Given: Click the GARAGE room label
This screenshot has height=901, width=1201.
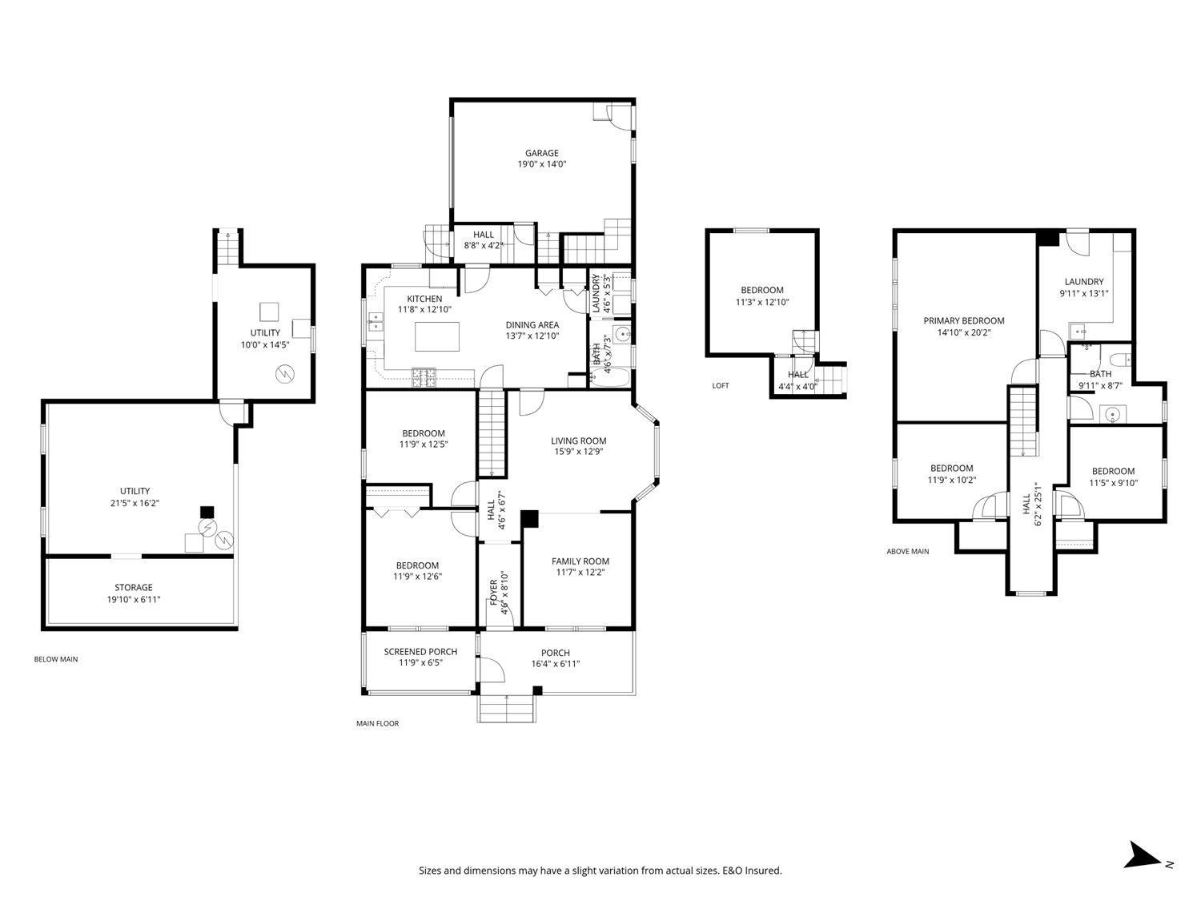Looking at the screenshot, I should (x=541, y=153).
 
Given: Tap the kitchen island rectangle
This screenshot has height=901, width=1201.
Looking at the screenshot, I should (x=438, y=336).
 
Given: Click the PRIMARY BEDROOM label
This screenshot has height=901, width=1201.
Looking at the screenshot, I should (x=963, y=320).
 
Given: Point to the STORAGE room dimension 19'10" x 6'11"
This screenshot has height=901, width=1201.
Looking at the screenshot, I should (x=133, y=599).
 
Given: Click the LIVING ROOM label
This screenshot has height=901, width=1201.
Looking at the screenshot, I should (x=578, y=440).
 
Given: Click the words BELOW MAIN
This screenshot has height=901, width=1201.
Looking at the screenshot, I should (x=55, y=660).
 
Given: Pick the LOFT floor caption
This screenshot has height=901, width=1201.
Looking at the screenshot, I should (x=720, y=386).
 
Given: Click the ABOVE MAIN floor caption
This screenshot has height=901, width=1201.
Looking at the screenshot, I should (x=907, y=551).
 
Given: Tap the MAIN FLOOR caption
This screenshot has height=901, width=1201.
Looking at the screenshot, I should (x=377, y=723).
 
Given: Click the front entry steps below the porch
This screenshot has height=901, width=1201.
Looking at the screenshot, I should (x=506, y=708).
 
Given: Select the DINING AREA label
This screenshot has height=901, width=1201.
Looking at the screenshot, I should (x=532, y=324).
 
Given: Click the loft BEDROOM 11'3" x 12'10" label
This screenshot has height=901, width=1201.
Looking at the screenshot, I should (x=761, y=290).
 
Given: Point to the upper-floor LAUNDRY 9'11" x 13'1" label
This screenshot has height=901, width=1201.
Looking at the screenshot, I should (x=1083, y=282).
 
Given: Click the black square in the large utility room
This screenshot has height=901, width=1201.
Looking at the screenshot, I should (x=207, y=512).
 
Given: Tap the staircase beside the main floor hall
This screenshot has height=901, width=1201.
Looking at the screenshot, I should (x=492, y=432).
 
